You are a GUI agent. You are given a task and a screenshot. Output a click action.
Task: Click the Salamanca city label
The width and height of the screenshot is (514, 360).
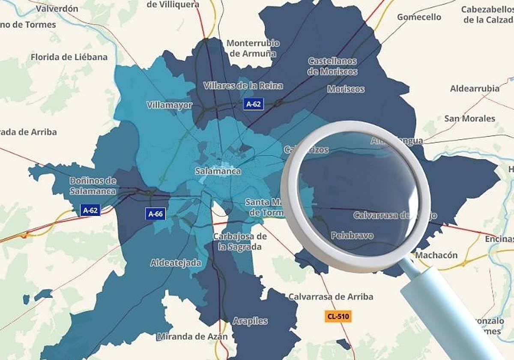[x=218, y=171]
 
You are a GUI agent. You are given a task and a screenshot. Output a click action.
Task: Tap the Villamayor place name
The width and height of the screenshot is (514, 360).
[x=170, y=105]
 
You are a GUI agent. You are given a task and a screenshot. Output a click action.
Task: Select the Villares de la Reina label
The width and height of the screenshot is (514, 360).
[x=243, y=85]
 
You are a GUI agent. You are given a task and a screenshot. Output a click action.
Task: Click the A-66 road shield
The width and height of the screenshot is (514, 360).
[x=155, y=213]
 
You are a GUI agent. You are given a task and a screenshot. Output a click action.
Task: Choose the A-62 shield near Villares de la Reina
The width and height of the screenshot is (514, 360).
[x=253, y=104]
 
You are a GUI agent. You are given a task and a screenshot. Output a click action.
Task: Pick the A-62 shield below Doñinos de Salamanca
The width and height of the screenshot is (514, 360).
[x=90, y=210]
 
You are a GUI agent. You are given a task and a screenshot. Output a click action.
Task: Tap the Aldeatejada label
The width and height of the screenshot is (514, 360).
[x=176, y=263]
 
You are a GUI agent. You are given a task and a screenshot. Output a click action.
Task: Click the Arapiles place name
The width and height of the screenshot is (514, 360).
[x=250, y=321]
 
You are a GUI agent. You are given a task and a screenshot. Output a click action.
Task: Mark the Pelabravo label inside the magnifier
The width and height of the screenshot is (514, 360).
[x=352, y=236]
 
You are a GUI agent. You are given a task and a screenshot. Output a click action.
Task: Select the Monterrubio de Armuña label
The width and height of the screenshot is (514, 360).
[x=253, y=48]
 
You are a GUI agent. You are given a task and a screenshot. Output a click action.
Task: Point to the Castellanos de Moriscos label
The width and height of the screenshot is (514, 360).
[x=332, y=66]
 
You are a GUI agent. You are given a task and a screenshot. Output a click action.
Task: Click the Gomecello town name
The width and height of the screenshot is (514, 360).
[x=419, y=17]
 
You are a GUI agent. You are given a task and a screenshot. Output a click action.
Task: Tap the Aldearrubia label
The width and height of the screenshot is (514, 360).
[x=475, y=89]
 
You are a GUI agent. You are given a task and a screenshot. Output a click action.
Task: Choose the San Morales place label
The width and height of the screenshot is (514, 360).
[x=469, y=118]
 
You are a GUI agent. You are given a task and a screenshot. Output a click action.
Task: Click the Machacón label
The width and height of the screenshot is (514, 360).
[x=436, y=255]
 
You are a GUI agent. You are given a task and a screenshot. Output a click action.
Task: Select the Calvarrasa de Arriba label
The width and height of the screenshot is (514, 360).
[x=330, y=297]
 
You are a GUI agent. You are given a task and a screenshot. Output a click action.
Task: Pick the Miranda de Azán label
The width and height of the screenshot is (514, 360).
[x=192, y=336]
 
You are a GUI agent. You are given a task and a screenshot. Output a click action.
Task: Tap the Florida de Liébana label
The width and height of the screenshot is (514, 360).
[x=69, y=57]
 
